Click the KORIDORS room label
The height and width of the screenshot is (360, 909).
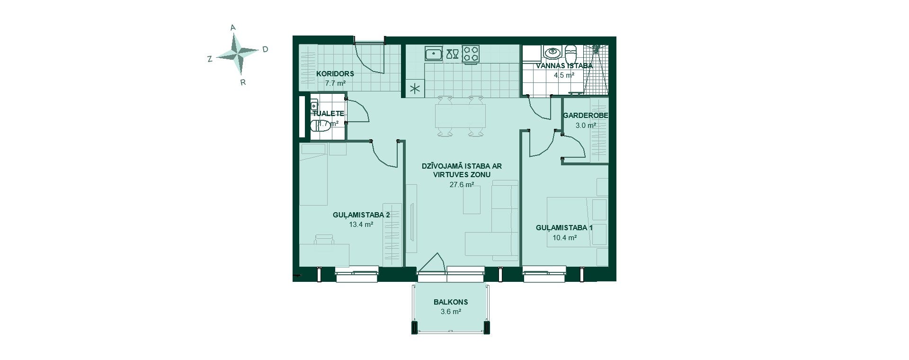tap(335, 74)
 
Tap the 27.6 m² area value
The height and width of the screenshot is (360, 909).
tap(462, 185)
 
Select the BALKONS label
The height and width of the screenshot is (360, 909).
tap(451, 302)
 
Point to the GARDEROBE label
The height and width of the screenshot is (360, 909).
tap(586, 116)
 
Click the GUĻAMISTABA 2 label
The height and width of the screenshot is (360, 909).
tap(361, 215)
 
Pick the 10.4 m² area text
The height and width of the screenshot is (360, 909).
tap(564, 238)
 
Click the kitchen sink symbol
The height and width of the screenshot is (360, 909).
tap(433, 54)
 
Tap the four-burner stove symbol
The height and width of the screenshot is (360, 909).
tap(471, 53)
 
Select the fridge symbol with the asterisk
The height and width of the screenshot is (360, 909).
tap(415, 89)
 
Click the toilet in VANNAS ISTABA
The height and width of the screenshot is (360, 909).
tap(571, 52)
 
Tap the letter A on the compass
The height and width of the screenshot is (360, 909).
tap(233, 28)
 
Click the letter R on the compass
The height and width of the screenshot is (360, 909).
tap(243, 82)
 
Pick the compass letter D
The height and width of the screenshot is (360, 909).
tap(265, 49)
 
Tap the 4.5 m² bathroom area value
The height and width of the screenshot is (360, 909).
tap(564, 75)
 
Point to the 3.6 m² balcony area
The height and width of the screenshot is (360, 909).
tap(451, 312)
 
